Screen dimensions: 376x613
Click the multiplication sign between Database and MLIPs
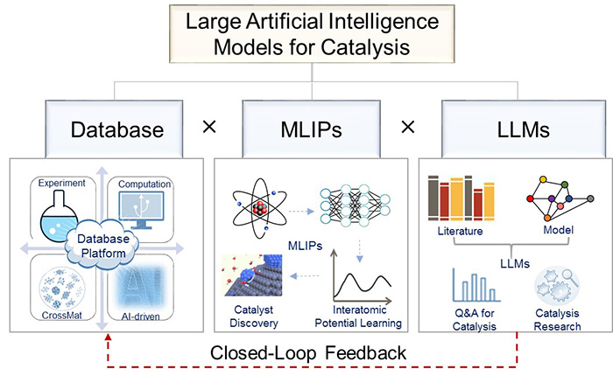208,128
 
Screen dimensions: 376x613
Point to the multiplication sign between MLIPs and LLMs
407,128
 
